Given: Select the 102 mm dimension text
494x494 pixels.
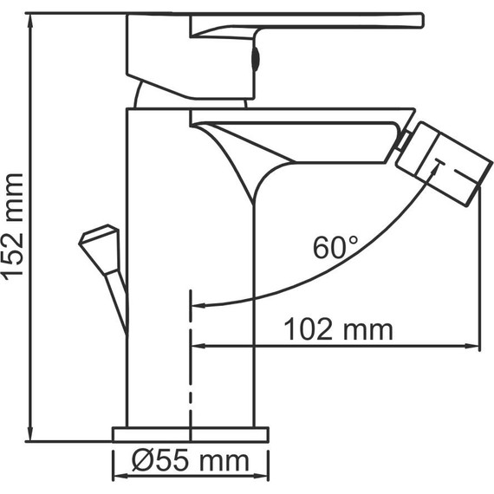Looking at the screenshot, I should pyautogui.click(x=339, y=329).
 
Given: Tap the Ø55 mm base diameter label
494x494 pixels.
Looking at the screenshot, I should pyautogui.click(x=190, y=461).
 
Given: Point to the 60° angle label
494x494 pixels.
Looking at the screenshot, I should pyautogui.click(x=335, y=248).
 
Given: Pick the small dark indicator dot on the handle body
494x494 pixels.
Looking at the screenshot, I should pyautogui.click(x=254, y=58).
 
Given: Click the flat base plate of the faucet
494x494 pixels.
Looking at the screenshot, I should pyautogui.click(x=190, y=434).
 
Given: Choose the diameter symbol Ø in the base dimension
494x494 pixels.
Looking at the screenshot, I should pyautogui.click(x=142, y=461).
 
